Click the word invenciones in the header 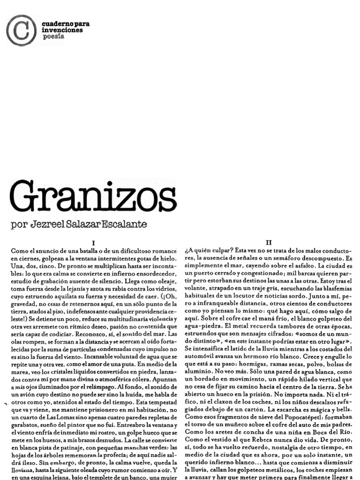pos(62,30)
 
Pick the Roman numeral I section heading pos(94,242)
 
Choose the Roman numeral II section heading pos(269,242)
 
